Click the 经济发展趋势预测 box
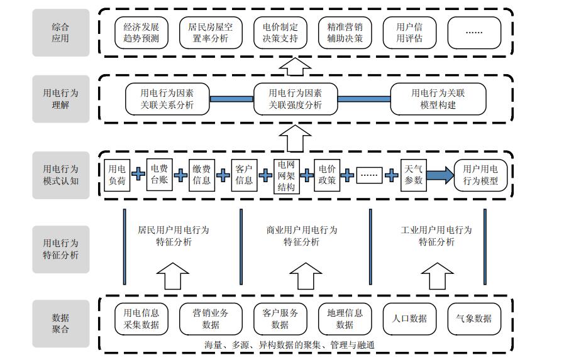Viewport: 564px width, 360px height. click(141, 33)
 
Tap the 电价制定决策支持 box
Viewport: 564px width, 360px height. click(280, 33)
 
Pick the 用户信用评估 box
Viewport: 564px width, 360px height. click(409, 33)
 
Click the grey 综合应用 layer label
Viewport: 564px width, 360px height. click(61, 33)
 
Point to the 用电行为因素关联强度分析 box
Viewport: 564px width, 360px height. click(295, 99)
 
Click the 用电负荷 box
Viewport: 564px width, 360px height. click(117, 175)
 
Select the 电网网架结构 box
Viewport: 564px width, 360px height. click(285, 175)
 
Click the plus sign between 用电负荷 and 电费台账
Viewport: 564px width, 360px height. click(138, 175)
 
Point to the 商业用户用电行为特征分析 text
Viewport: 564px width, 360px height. click(301, 236)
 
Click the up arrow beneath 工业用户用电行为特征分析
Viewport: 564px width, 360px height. click(436, 275)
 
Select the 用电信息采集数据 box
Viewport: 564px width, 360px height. click(141, 319)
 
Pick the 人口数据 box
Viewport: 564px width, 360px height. click(409, 319)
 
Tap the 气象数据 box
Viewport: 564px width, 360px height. click(474, 319)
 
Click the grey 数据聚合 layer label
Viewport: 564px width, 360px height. click(61, 324)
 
